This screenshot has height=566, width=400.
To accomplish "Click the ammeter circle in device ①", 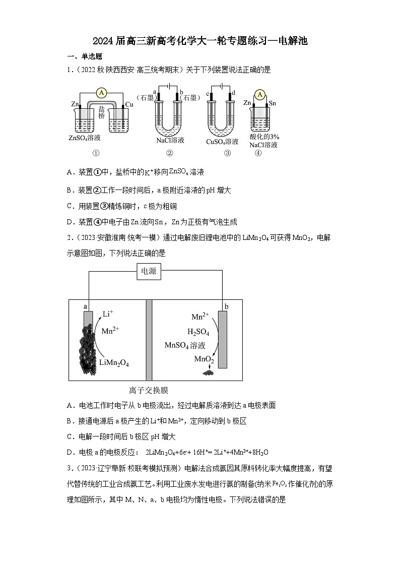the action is click(102, 93).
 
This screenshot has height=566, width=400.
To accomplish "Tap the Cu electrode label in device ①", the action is click(129, 104).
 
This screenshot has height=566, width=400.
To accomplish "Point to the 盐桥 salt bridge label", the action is click(102, 112).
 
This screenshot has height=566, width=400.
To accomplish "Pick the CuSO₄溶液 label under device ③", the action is click(222, 141).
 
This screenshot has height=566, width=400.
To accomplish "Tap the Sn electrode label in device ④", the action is click(273, 103).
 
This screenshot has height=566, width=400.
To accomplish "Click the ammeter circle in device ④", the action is click(260, 94).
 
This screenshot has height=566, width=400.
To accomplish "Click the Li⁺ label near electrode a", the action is click(108, 314).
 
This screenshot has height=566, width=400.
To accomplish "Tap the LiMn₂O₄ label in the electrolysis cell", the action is click(114, 362).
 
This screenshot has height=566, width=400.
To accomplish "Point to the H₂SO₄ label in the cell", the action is click(198, 332).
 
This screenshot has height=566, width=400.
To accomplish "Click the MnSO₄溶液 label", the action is click(185, 345).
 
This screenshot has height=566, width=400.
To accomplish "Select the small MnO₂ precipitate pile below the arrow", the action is click(207, 373).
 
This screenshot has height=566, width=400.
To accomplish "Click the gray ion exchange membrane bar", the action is click(149, 340).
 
